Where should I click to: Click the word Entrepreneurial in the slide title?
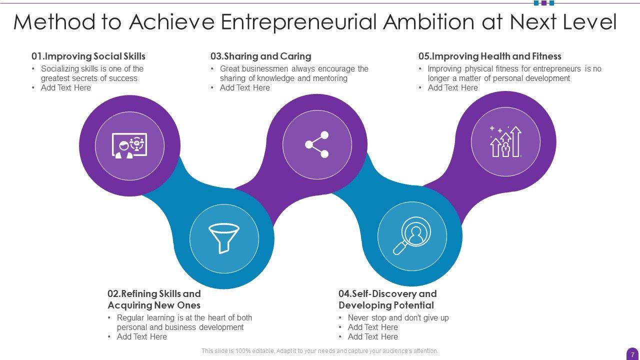[x=298, y=22]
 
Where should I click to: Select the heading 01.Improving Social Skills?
[x=88, y=56]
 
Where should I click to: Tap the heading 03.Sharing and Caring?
[x=260, y=56]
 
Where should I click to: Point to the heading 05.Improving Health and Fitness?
[x=489, y=56]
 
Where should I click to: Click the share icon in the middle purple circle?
[x=317, y=145]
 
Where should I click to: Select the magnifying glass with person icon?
[x=411, y=235]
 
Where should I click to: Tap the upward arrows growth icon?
[x=505, y=141]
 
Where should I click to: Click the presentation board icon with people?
[x=129, y=145]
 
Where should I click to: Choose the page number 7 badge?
[x=632, y=354]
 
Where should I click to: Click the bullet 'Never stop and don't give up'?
[x=398, y=318]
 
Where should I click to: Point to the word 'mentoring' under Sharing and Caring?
[x=329, y=78]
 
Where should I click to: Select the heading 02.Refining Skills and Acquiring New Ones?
[x=154, y=299]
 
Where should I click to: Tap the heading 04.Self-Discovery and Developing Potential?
[x=387, y=299]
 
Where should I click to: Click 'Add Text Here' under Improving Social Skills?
[x=66, y=88]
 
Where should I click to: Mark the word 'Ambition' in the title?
[x=439, y=22]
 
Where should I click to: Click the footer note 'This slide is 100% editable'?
[x=319, y=351]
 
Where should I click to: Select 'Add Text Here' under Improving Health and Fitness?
[x=452, y=88]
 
